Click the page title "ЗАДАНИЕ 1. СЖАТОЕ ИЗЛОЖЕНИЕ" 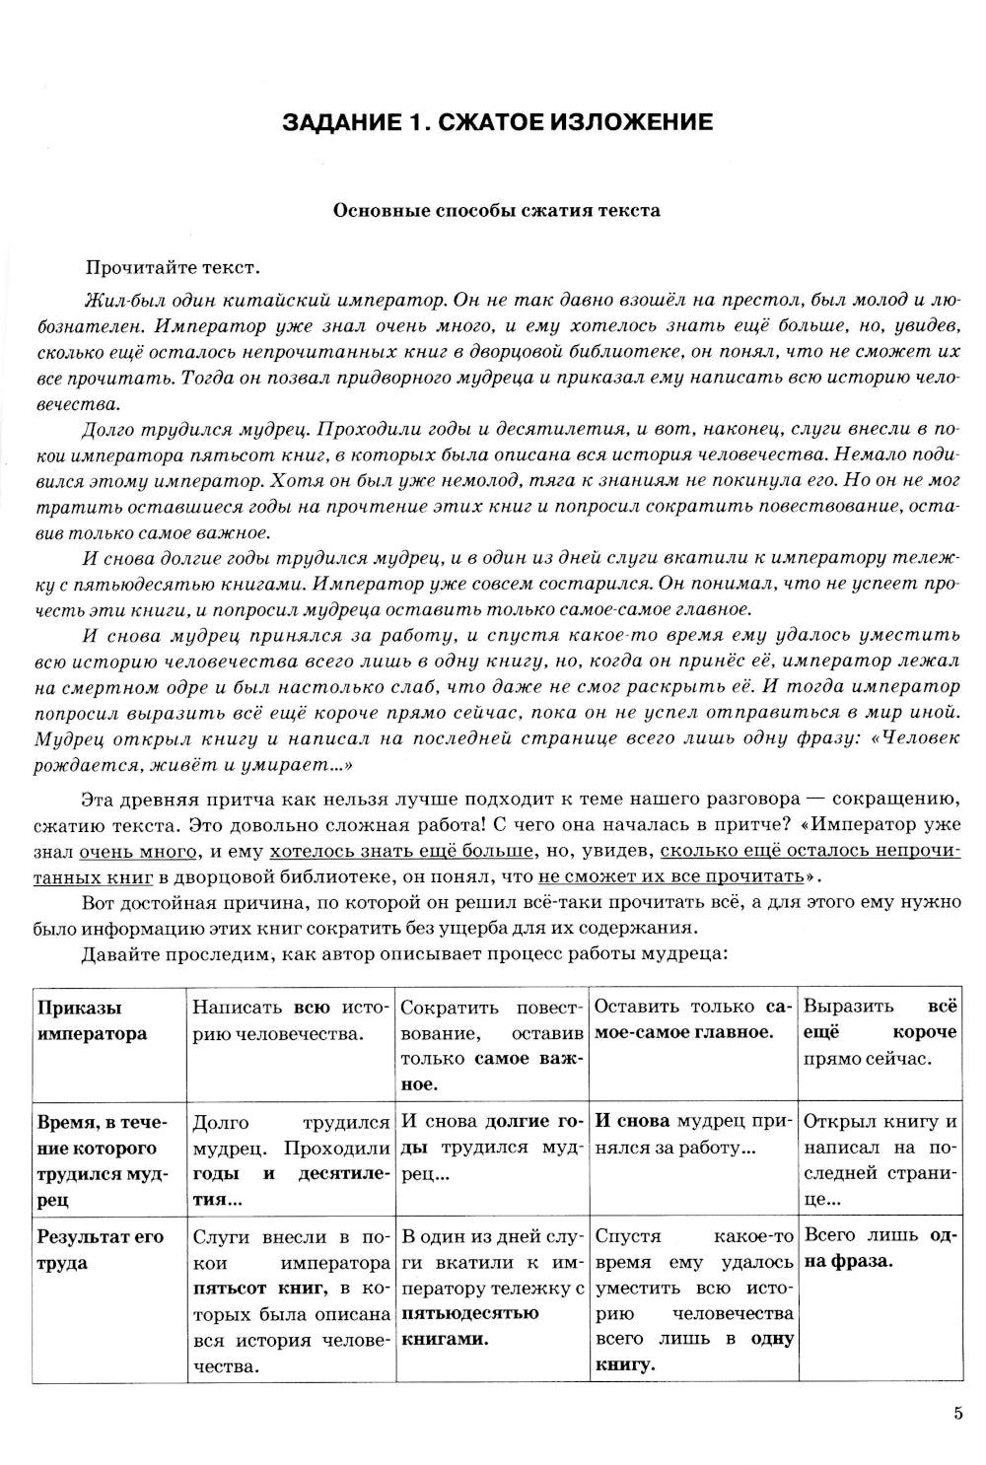[497, 122]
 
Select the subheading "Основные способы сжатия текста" [497, 210]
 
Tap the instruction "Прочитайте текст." [173, 267]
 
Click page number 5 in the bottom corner [957, 1413]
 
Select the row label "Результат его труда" [100, 1250]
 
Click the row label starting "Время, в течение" [103, 1160]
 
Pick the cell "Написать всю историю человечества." [291, 1020]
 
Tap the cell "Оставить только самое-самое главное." [693, 1019]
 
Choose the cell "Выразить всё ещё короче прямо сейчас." [880, 1032]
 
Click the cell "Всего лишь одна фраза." [880, 1248]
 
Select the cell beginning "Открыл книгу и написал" [880, 1160]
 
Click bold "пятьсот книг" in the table [246, 1289]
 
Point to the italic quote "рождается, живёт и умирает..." [193, 764]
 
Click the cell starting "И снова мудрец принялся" [693, 1135]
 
